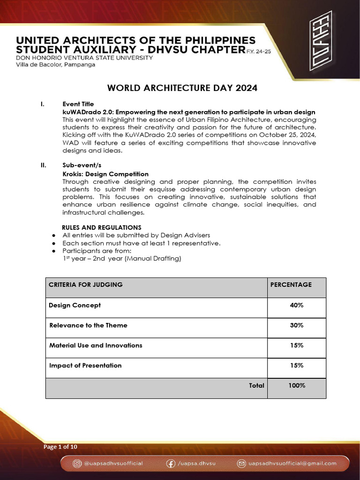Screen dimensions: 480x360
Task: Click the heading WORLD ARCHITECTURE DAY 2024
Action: click(182, 88)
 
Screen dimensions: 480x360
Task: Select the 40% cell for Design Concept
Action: click(297, 305)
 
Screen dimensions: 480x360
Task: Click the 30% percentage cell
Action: click(297, 325)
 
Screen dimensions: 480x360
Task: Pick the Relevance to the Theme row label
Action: click(88, 325)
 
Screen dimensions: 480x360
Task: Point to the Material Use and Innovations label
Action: click(96, 345)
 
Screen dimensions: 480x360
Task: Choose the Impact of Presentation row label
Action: click(85, 366)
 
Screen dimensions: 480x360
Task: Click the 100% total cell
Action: click(297, 385)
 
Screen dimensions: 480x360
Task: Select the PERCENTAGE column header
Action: click(291, 285)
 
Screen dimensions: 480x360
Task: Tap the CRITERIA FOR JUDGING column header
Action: click(86, 285)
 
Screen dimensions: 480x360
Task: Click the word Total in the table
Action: click(256, 385)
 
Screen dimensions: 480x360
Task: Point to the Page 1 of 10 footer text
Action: click(60, 447)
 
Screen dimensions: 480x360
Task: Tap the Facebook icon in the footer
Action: click(171, 463)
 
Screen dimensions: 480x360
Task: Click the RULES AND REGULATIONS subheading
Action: click(102, 227)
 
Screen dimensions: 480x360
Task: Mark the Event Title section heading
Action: click(78, 104)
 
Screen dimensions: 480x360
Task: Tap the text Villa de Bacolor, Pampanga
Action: click(56, 64)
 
